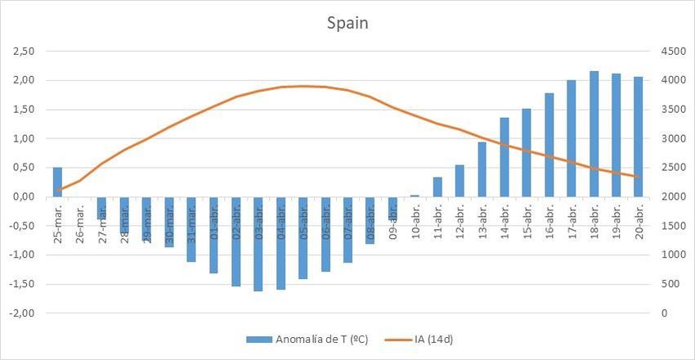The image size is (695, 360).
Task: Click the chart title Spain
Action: (347, 23)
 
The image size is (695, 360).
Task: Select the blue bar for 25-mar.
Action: (57, 182)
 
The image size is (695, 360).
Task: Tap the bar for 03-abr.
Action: (258, 244)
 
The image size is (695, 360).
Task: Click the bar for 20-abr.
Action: (639, 137)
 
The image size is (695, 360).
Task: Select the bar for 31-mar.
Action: (191, 229)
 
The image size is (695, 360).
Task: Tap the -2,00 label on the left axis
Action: (21, 313)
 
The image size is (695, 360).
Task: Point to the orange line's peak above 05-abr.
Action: (303, 86)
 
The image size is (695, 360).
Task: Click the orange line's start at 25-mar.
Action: (57, 190)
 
